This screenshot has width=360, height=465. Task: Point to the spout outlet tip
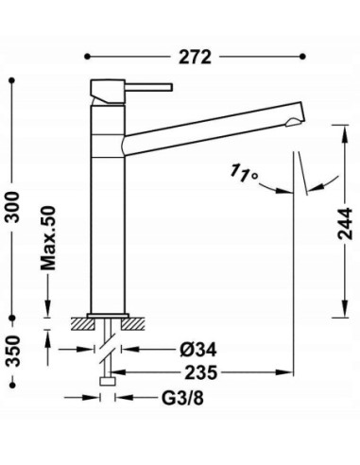pyautogui.click(x=298, y=121)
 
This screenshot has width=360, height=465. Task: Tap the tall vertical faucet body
pyautogui.click(x=108, y=208)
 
